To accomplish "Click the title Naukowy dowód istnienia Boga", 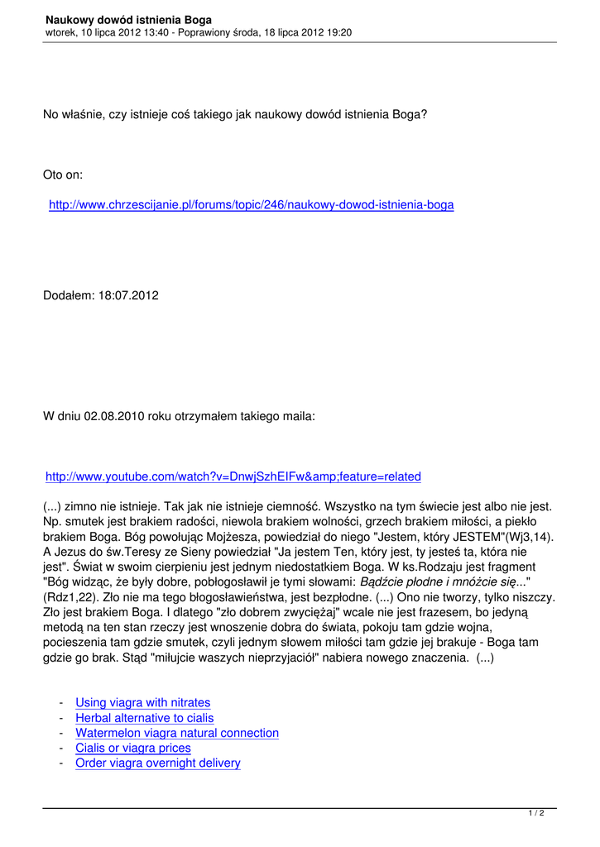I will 128,19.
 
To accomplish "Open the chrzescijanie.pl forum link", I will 251,204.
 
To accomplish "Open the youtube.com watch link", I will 233,476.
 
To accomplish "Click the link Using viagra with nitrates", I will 142,703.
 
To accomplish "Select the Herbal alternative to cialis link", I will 144,718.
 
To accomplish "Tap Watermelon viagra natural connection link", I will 176,733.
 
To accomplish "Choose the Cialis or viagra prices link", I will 132,748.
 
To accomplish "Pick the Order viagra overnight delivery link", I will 157,763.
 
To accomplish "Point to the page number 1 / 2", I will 536,814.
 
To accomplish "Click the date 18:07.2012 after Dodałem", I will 129,295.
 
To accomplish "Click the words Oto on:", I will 63,175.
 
